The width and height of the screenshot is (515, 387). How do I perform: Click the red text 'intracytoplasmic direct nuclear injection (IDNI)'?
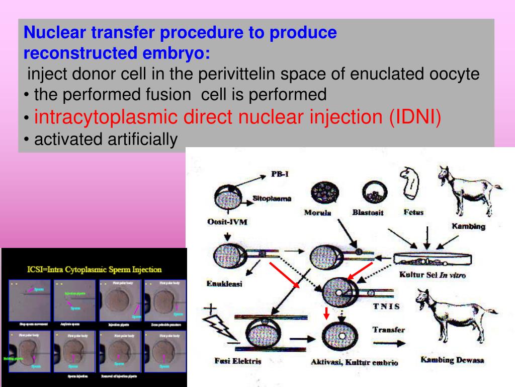point(237,117)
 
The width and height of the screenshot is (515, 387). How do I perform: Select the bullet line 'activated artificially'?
point(106,140)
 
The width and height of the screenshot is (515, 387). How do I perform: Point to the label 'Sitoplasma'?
point(272,199)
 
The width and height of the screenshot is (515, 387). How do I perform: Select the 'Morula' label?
point(318,212)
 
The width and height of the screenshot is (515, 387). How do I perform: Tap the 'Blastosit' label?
point(368,212)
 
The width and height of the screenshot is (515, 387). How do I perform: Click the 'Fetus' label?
point(413,212)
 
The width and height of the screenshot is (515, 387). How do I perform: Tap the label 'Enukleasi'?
point(224,284)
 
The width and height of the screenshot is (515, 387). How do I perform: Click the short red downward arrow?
point(326,314)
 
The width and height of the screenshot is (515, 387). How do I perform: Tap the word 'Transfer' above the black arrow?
point(388,330)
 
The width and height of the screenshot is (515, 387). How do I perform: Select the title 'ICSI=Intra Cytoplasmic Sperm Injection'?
point(94,270)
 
